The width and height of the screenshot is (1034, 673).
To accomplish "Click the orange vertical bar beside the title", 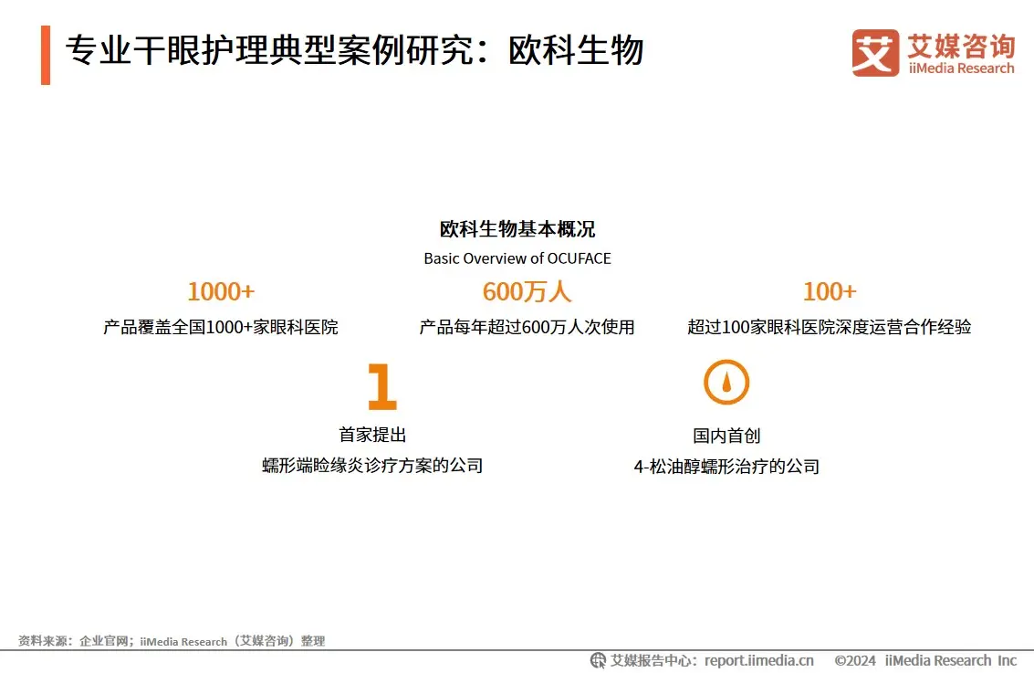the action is click(x=46, y=55).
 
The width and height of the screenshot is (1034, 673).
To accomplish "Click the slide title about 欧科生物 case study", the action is click(x=354, y=50).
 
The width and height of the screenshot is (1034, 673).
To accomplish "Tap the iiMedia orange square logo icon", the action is click(x=875, y=53).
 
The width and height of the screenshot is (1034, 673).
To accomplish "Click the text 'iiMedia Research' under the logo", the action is click(x=961, y=68).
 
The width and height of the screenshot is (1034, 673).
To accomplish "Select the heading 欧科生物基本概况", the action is click(x=517, y=229).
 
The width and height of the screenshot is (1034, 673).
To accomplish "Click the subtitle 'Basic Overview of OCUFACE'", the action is click(x=517, y=258).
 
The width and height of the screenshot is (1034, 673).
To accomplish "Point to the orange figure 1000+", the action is click(x=221, y=291).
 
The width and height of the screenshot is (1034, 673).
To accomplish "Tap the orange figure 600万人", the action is click(x=527, y=291).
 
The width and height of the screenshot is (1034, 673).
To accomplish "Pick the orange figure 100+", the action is click(x=830, y=291).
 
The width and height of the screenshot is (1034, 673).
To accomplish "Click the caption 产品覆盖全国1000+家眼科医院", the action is click(x=220, y=327).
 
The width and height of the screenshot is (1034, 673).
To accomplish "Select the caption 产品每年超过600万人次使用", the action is click(x=527, y=327).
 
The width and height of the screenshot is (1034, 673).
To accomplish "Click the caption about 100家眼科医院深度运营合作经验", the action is click(x=829, y=327).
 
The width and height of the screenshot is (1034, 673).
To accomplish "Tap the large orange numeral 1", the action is click(x=381, y=386).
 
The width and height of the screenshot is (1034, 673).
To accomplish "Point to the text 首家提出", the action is click(x=372, y=435).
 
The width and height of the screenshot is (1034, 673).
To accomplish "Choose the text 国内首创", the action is click(x=726, y=436).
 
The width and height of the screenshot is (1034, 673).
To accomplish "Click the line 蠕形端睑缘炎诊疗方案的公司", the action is click(x=372, y=466).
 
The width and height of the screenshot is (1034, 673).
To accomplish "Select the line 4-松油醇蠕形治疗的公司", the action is click(x=726, y=468).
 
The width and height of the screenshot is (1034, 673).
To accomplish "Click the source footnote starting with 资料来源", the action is click(x=172, y=641).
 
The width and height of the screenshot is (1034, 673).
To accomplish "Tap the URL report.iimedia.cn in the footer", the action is click(x=759, y=660).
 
